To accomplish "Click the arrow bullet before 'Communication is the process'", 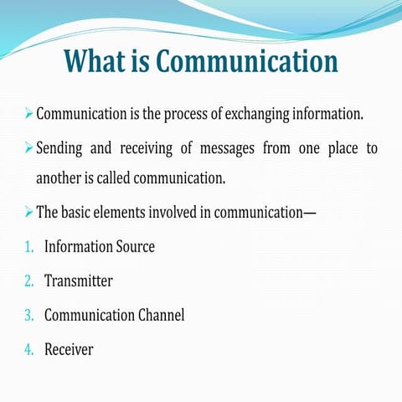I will coord(28,112).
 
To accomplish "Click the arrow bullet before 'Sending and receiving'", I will coord(28,148).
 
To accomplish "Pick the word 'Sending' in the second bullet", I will coord(62,149).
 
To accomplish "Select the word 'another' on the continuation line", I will coord(59,178).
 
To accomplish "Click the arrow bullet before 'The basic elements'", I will coord(28,210).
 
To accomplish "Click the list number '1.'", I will coord(29,247).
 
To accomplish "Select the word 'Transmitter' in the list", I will coord(78,281).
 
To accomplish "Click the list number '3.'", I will coord(29,316).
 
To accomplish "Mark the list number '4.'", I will coord(29,350).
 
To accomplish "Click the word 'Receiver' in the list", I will coord(69,350).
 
